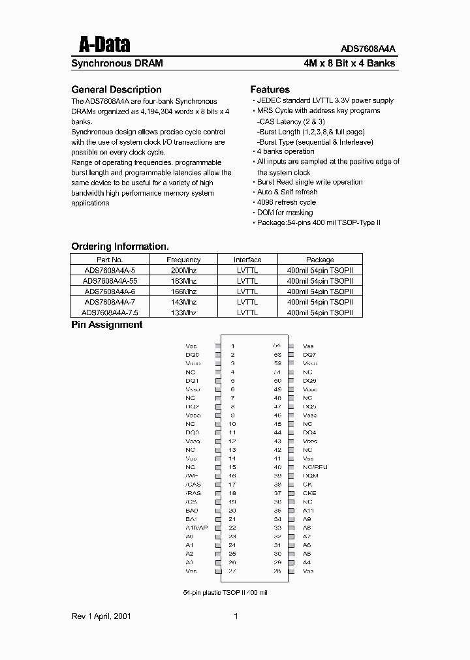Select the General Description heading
pyautogui.click(x=116, y=90)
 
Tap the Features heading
pyautogui.click(x=270, y=90)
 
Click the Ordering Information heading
pyautogui.click(x=119, y=247)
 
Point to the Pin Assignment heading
pyautogui.click(x=106, y=325)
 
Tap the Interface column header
pyautogui.click(x=247, y=260)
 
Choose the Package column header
pyautogui.click(x=320, y=260)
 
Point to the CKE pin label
pyautogui.click(x=309, y=493)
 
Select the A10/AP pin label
pyautogui.click(x=196, y=528)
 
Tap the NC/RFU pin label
pyautogui.click(x=315, y=467)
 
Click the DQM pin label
pyautogui.click(x=309, y=476)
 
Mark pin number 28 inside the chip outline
pyautogui.click(x=277, y=571)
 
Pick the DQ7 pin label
pyautogui.click(x=309, y=355)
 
